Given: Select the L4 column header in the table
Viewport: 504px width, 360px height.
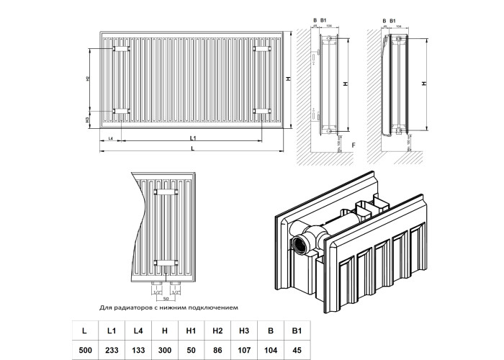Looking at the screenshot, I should click(x=140, y=330).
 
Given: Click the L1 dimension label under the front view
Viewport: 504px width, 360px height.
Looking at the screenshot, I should click(x=192, y=137).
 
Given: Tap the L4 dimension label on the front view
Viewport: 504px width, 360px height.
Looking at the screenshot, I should click(x=109, y=137).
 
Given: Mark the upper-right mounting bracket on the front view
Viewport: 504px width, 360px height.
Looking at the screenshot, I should click(x=261, y=49).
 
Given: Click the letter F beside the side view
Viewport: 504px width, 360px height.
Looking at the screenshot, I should click(x=354, y=147).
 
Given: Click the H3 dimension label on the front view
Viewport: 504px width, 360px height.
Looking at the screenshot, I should click(x=87, y=119).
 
